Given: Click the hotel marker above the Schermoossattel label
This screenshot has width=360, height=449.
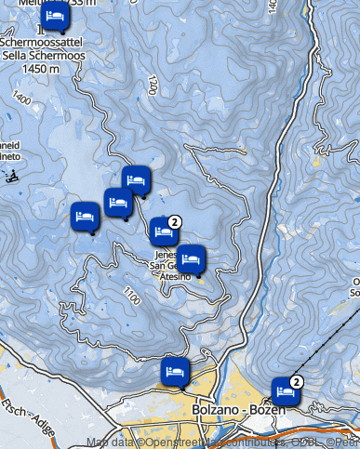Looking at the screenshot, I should (55, 16).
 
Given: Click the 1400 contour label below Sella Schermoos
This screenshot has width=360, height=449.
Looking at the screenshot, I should (21, 96).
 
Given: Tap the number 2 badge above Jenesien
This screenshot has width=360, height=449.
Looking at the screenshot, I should (175, 220).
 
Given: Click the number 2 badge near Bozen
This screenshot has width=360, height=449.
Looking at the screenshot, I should (297, 381).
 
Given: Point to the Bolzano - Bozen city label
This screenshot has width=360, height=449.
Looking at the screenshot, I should (233, 410).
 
